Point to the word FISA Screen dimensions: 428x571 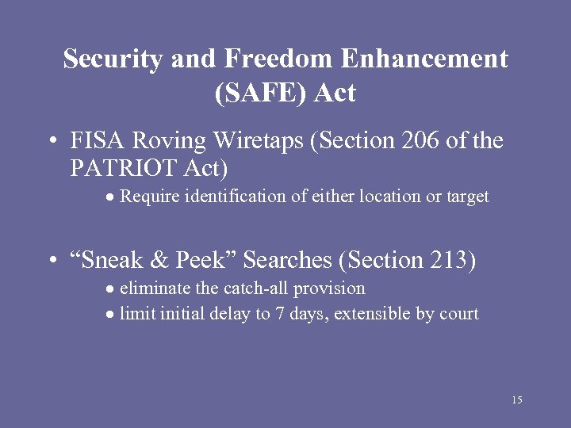pos(94,141)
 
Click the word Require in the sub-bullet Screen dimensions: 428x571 pos(148,197)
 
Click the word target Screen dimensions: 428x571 pos(466,197)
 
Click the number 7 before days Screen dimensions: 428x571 pos(280,314)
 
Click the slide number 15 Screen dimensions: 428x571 pos(516,400)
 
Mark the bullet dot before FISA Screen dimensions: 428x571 pos(52,143)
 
